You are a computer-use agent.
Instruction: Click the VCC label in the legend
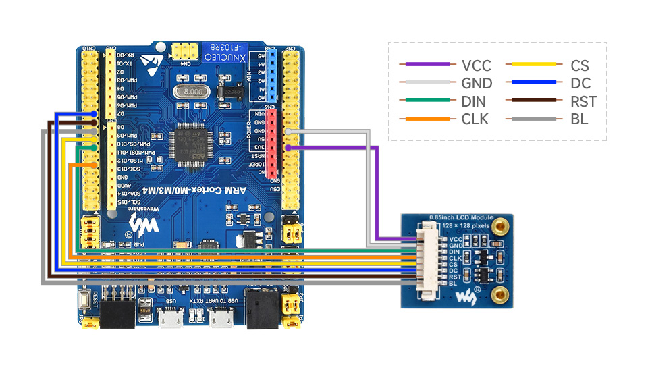(x=476, y=65)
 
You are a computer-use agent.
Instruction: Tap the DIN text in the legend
(x=475, y=102)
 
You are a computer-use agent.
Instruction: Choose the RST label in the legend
(x=583, y=102)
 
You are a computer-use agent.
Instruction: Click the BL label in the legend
(x=578, y=119)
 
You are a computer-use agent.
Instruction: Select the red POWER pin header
(x=272, y=142)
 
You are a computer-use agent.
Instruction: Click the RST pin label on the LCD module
(x=455, y=277)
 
